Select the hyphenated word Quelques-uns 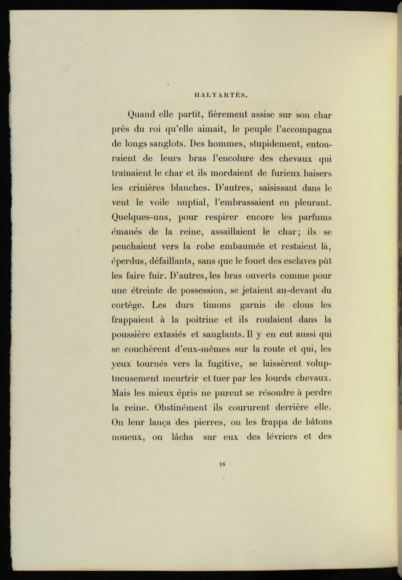[140, 217]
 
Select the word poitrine [202, 320]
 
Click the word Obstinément [181, 408]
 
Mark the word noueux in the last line [127, 437]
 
